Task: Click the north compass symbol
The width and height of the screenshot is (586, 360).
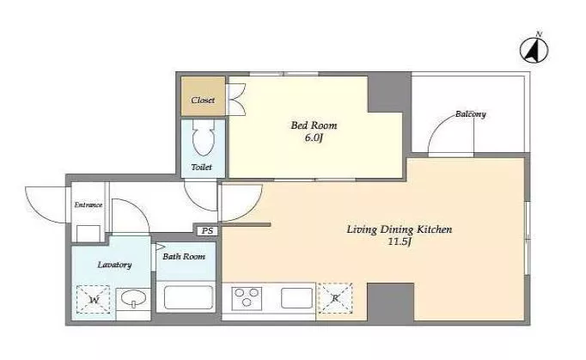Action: [x=534, y=50]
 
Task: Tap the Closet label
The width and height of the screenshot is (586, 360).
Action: [x=203, y=101]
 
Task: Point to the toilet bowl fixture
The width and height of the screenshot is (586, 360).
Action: [x=203, y=137]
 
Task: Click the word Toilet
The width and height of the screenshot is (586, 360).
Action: [x=202, y=167]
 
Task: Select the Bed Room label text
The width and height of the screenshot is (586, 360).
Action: [x=314, y=125]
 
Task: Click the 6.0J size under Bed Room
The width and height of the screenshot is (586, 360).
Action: [x=314, y=138]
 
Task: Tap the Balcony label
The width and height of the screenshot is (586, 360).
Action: [x=471, y=114]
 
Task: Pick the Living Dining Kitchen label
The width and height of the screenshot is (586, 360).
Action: [x=400, y=229]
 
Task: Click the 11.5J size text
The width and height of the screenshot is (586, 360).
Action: [x=400, y=242]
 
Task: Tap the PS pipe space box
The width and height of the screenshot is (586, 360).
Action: [x=207, y=230]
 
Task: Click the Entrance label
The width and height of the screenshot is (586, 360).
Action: [x=89, y=204]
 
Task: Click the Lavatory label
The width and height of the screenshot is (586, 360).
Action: [x=115, y=265]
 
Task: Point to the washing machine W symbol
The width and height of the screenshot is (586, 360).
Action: [x=94, y=300]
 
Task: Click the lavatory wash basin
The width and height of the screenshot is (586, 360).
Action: [x=133, y=299]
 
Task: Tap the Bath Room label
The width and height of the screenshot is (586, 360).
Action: [x=184, y=257]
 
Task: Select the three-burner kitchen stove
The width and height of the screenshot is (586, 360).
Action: [x=247, y=298]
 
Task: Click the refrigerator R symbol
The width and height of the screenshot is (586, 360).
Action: [x=335, y=298]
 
